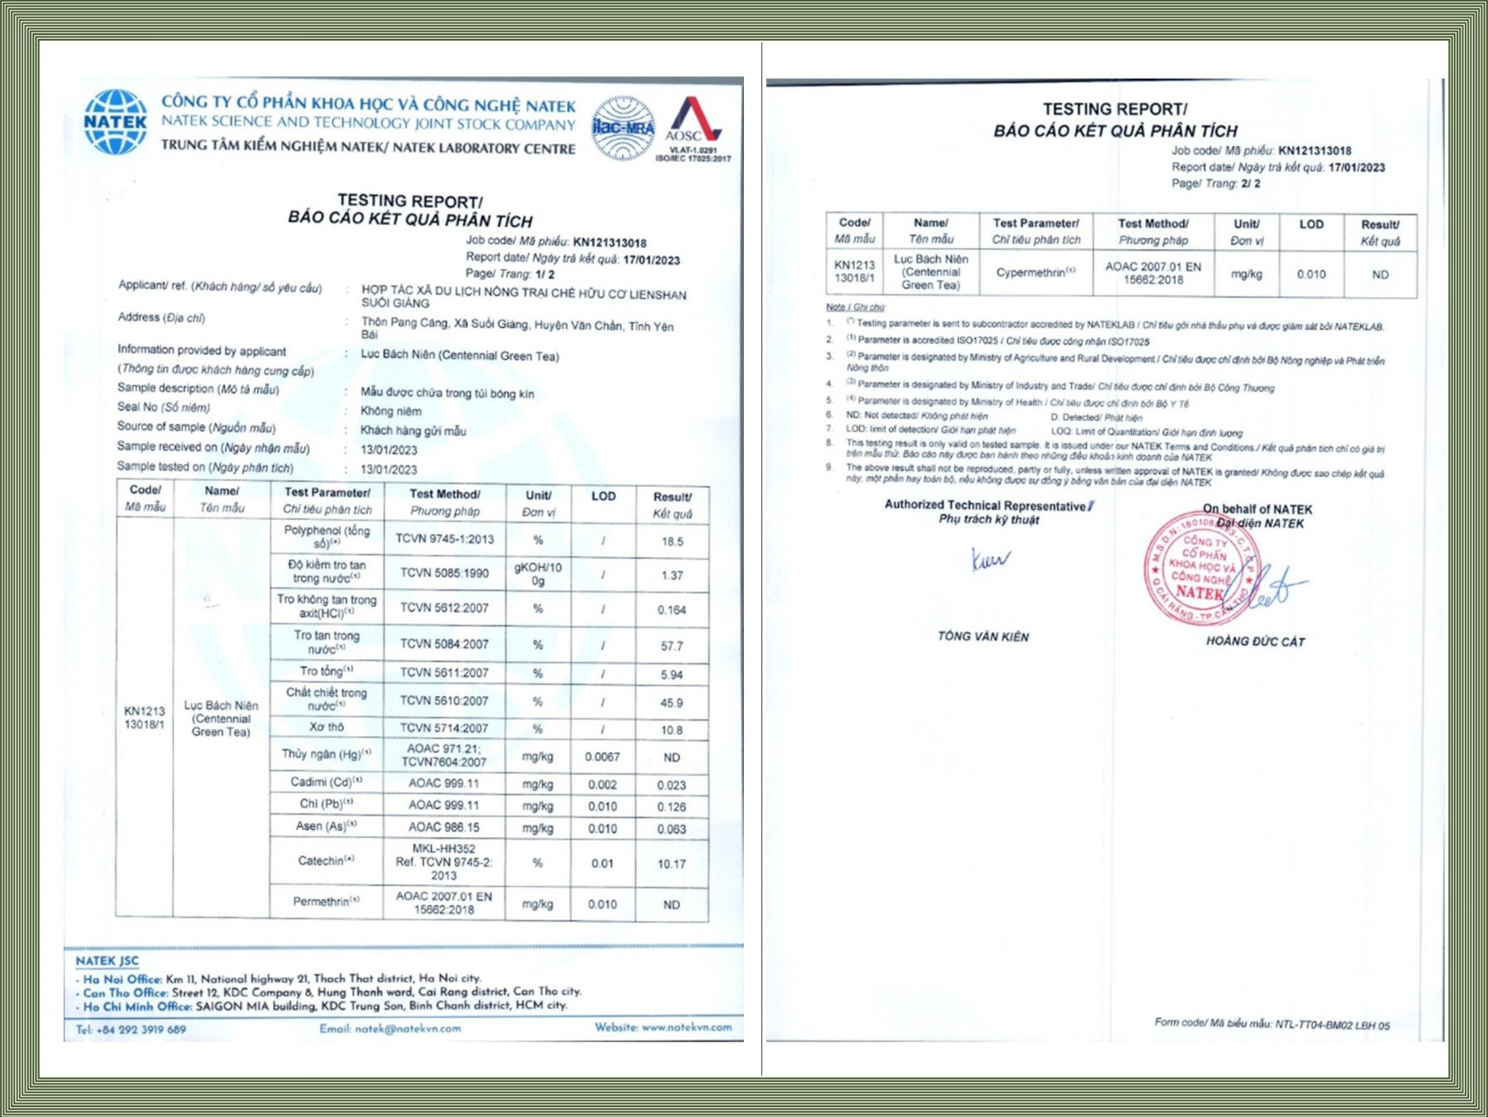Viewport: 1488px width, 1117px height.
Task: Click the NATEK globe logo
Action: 115,123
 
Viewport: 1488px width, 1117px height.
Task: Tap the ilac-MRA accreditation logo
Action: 623,128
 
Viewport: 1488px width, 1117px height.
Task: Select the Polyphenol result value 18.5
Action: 672,541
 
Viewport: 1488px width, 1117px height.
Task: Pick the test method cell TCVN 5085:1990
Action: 444,573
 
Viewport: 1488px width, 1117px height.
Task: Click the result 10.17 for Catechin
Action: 672,864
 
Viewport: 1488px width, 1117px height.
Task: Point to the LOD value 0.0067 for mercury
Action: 602,757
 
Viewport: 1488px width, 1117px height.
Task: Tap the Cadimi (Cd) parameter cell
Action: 326,782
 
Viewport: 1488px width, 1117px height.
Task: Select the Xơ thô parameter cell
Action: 326,728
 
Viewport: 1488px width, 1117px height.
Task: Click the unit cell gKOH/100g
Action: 538,574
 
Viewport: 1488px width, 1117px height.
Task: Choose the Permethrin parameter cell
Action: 326,902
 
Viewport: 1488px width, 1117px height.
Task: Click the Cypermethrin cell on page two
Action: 1035,273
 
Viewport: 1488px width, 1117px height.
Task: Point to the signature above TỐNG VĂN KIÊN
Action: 989,561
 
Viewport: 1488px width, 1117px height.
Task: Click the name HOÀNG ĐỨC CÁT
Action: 1255,641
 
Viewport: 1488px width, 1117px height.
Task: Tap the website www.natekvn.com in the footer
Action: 663,1027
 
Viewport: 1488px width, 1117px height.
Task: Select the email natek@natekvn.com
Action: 389,1029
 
